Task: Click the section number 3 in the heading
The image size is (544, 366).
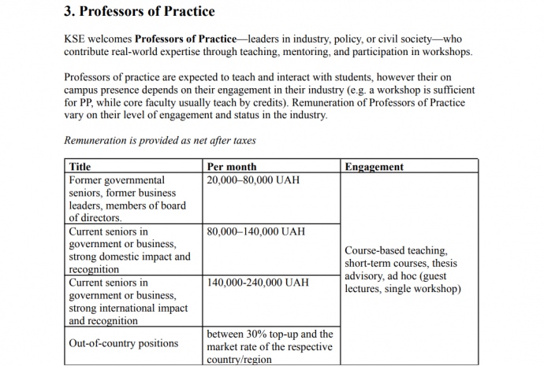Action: pyautogui.click(x=69, y=12)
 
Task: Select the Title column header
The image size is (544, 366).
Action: pyautogui.click(x=80, y=167)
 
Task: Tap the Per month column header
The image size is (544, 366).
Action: pyautogui.click(x=231, y=167)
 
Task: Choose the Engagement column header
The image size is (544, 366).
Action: pyautogui.click(x=374, y=167)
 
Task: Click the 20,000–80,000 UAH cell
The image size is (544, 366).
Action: pyautogui.click(x=252, y=180)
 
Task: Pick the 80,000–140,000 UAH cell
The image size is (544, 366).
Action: pyautogui.click(x=255, y=232)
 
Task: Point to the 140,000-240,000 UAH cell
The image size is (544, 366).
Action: pyautogui.click(x=258, y=283)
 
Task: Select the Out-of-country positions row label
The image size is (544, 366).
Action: pyautogui.click(x=124, y=343)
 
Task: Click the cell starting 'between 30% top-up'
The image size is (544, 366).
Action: pyautogui.click(x=270, y=346)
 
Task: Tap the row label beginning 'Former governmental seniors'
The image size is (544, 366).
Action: pyautogui.click(x=128, y=198)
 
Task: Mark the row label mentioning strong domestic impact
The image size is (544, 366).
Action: pyautogui.click(x=129, y=250)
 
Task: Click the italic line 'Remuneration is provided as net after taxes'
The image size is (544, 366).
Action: pyautogui.click(x=160, y=141)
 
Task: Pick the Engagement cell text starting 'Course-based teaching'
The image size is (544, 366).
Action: pyautogui.click(x=402, y=270)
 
